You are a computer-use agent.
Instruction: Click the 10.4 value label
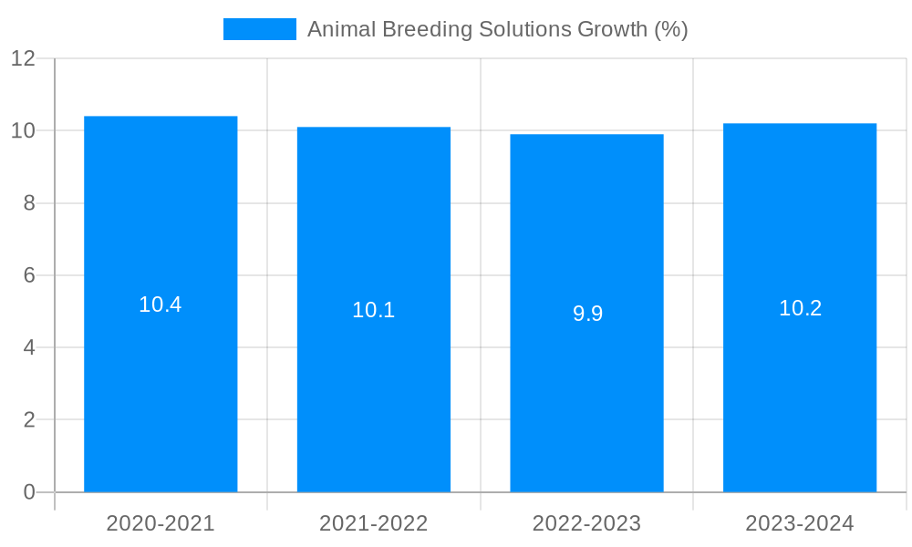(x=161, y=305)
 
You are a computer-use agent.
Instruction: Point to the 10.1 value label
(x=374, y=311)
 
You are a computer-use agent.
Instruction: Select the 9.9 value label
(x=587, y=315)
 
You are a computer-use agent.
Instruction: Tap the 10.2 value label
(x=800, y=309)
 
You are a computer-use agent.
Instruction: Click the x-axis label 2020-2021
(x=161, y=523)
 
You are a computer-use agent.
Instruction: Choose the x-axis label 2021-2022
(x=374, y=523)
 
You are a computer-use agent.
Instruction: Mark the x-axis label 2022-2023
(x=586, y=523)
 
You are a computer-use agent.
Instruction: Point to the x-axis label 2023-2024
(x=800, y=523)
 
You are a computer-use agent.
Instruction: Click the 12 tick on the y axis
(x=23, y=59)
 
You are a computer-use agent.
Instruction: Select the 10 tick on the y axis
(x=23, y=131)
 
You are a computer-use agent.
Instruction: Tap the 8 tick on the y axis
(x=29, y=203)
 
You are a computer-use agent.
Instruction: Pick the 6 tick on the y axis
(x=29, y=275)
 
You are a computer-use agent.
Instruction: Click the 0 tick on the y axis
(x=29, y=492)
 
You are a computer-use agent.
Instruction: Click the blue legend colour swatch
(x=260, y=29)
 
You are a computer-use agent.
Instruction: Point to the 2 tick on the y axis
(x=29, y=420)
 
